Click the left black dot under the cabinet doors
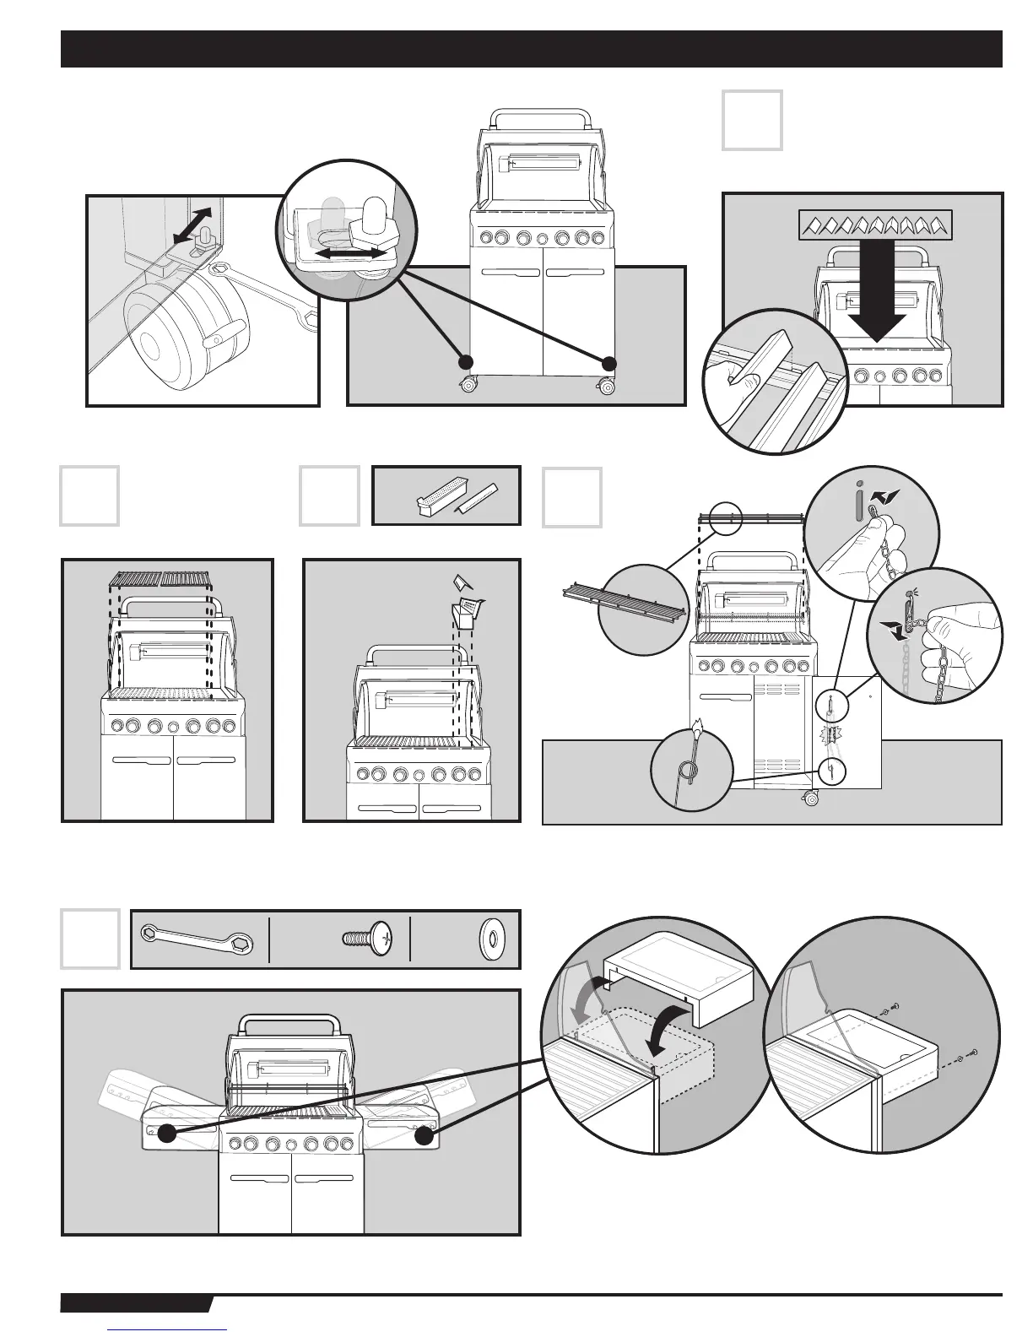(463, 362)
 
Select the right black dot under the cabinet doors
(609, 362)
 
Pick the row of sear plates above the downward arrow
(875, 224)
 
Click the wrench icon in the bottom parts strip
(199, 939)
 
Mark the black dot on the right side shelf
(424, 1136)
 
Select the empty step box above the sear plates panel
(752, 120)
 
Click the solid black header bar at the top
(531, 49)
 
